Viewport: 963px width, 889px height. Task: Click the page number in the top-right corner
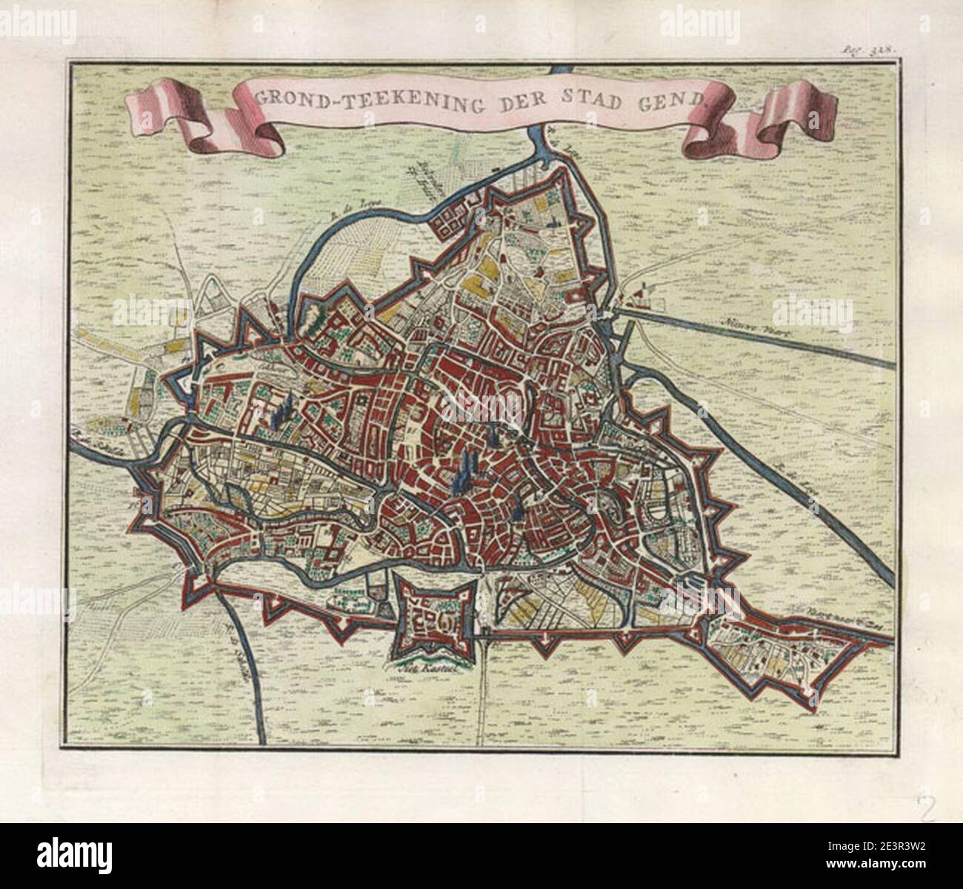click(879, 50)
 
